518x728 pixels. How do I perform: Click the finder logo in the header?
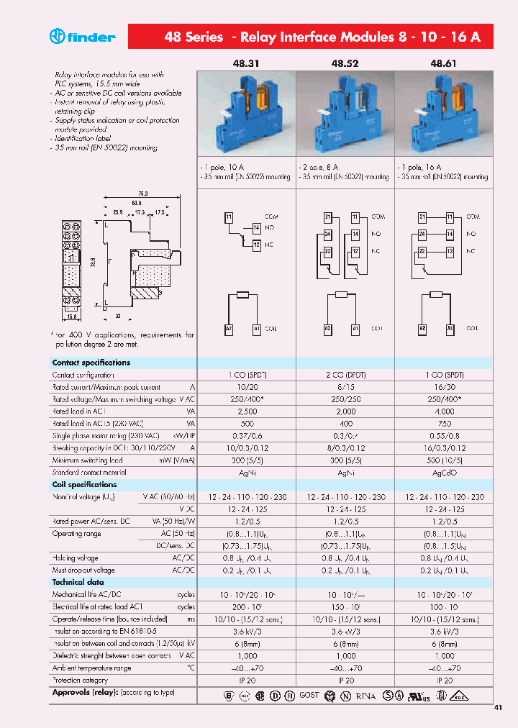click(x=82, y=37)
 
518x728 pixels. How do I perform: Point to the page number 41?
click(x=498, y=708)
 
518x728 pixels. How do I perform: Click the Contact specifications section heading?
click(x=91, y=363)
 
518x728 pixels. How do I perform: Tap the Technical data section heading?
click(x=78, y=583)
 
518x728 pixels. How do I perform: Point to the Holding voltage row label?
click(x=75, y=558)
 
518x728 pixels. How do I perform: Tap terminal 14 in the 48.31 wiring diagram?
click(x=256, y=228)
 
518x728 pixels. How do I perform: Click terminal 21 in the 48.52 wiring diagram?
click(x=327, y=217)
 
